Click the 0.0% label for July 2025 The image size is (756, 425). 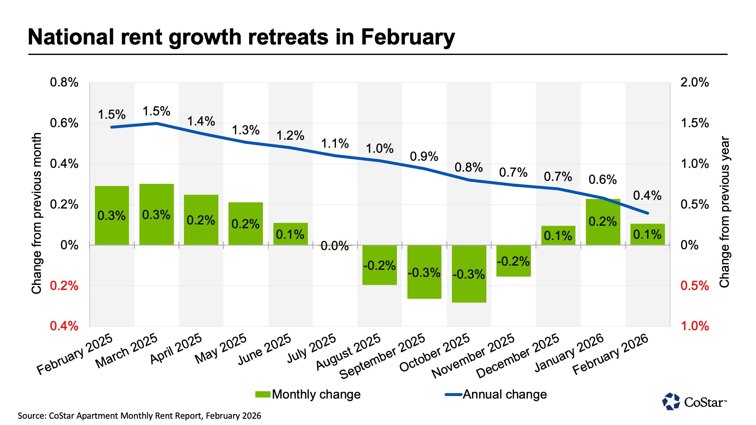tap(334, 246)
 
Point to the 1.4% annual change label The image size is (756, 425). tap(201, 121)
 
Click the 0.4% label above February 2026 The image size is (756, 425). tap(647, 196)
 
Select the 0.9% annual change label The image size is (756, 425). tap(424, 156)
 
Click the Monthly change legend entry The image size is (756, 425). tap(308, 394)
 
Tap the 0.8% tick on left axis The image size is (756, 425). tap(64, 82)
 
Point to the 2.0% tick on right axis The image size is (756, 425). tap(694, 82)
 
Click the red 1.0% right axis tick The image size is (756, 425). tap(694, 326)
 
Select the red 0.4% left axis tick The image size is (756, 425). tap(64, 326)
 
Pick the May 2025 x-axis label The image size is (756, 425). tap(220, 349)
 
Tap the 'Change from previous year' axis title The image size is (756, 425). tap(724, 212)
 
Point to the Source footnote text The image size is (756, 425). tap(139, 416)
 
